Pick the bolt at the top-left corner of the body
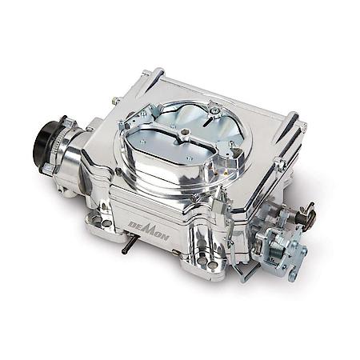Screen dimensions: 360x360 point(117,100)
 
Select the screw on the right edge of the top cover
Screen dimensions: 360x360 point(280,163)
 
